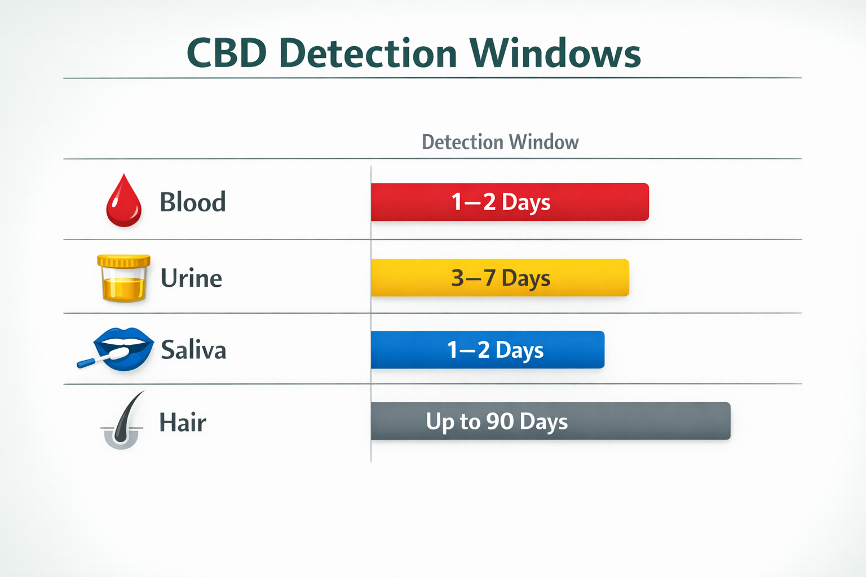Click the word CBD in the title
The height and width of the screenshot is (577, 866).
[226, 54]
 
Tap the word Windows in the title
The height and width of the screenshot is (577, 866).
[555, 54]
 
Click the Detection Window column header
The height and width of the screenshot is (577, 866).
[500, 142]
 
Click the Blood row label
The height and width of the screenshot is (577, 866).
[193, 202]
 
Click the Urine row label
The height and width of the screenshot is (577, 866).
[191, 278]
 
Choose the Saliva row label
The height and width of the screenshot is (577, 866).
[193, 350]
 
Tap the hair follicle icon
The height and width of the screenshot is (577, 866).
[122, 423]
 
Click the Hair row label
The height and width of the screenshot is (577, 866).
[183, 423]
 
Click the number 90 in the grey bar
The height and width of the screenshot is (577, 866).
[500, 421]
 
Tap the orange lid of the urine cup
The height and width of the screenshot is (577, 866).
[123, 261]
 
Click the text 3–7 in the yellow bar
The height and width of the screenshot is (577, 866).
[473, 278]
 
